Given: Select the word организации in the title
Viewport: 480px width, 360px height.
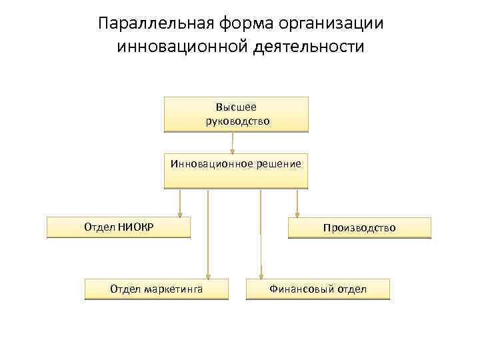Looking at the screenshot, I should [332, 25].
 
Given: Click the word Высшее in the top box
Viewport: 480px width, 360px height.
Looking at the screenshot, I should [236, 107].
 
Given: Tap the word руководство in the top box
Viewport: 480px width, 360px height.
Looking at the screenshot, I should [237, 121].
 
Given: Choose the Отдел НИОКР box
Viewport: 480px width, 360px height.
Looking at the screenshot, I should [119, 227].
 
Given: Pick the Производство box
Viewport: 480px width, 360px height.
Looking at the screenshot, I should [359, 227].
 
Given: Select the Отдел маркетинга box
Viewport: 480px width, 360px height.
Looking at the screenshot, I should [157, 289].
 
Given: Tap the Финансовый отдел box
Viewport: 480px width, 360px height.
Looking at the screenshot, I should [318, 289].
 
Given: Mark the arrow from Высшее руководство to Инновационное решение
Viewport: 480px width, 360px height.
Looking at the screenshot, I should [233, 143].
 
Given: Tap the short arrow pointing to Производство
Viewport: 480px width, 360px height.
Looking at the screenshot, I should [297, 203].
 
